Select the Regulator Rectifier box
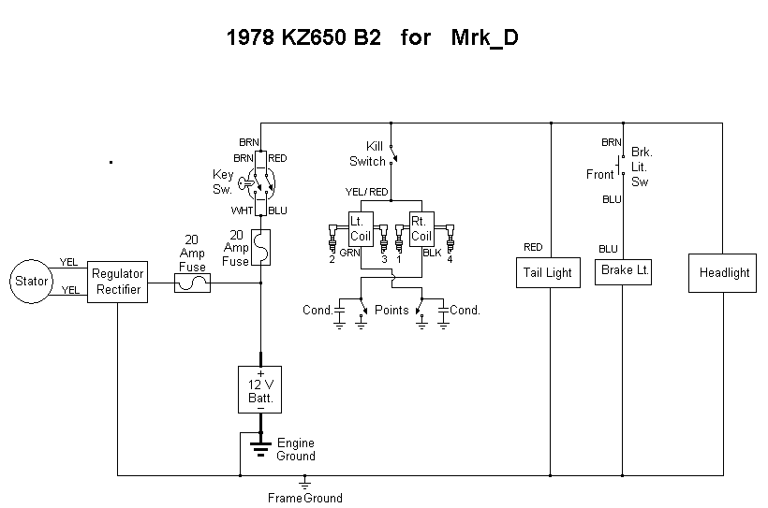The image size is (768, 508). pyautogui.click(x=118, y=282)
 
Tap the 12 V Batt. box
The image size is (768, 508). pyautogui.click(x=260, y=389)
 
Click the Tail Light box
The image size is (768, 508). pyautogui.click(x=548, y=272)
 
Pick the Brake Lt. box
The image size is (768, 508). pyautogui.click(x=623, y=272)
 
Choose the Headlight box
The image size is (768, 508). pyautogui.click(x=722, y=273)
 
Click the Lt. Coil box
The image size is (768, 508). pyautogui.click(x=361, y=229)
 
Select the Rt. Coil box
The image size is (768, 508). pyautogui.click(x=421, y=229)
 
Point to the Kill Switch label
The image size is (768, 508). pyautogui.click(x=367, y=153)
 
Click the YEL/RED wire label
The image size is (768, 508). pyautogui.click(x=366, y=192)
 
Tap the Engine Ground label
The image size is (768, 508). pyautogui.click(x=296, y=449)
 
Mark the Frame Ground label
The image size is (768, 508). pyautogui.click(x=305, y=499)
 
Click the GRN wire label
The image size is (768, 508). pyautogui.click(x=349, y=253)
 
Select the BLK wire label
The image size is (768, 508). pyautogui.click(x=432, y=253)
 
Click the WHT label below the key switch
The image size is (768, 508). pyautogui.click(x=242, y=210)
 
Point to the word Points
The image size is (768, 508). pyautogui.click(x=391, y=311)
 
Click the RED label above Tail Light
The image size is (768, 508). pyautogui.click(x=533, y=247)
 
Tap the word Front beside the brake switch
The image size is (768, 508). pyautogui.click(x=600, y=174)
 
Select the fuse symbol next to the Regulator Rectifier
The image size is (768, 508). pyautogui.click(x=193, y=283)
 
